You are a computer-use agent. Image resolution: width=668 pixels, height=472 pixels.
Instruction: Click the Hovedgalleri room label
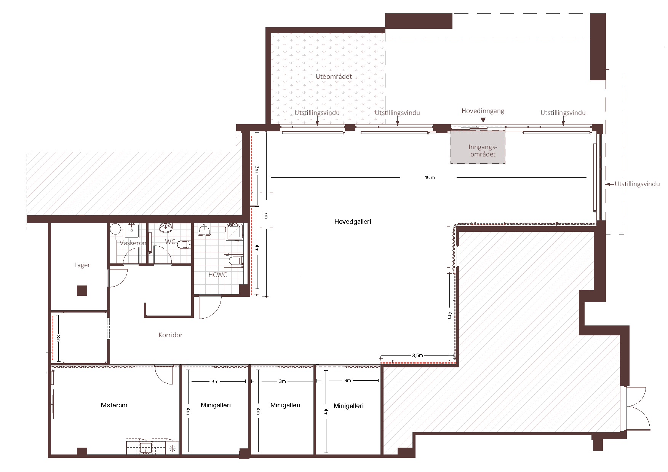pyautogui.click(x=353, y=222)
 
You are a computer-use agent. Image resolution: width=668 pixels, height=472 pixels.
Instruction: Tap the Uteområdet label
pyautogui.click(x=334, y=77)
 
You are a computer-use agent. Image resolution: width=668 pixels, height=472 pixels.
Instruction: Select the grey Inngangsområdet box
pyautogui.click(x=478, y=147)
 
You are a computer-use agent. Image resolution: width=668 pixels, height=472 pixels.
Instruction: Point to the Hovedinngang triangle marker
pyautogui.click(x=483, y=120)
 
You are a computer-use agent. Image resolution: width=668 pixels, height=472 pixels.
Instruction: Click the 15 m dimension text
pyautogui.click(x=430, y=178)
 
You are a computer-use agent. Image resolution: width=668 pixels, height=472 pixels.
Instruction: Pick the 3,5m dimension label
pyautogui.click(x=417, y=356)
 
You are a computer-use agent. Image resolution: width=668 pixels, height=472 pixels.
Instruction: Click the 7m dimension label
pyautogui.click(x=266, y=215)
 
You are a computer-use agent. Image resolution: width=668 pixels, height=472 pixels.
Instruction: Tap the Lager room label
pyautogui.click(x=82, y=265)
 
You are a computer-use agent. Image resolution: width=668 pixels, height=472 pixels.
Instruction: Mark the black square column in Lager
pyautogui.click(x=82, y=290)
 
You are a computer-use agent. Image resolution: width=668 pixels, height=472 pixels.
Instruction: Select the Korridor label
pyautogui.click(x=170, y=335)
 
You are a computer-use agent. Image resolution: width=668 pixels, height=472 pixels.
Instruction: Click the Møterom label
pyautogui.click(x=114, y=405)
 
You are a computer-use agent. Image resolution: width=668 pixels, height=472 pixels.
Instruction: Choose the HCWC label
pyautogui.click(x=217, y=275)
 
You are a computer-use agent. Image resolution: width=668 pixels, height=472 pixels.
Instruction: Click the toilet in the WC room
pyautogui.click(x=184, y=244)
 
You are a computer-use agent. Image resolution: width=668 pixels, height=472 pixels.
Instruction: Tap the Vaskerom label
pyautogui.click(x=133, y=243)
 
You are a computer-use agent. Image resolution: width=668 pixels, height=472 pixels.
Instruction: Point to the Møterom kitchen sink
pyautogui.click(x=146, y=448)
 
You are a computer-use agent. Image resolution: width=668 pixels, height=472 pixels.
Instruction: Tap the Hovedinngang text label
pyautogui.click(x=483, y=111)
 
